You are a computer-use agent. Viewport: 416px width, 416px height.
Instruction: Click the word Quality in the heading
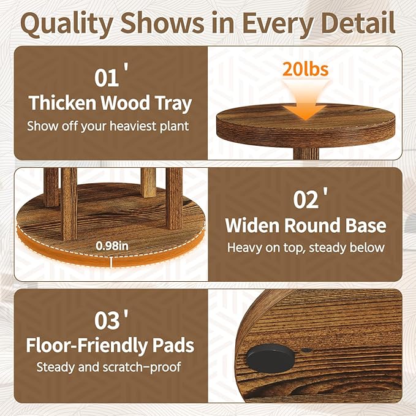(67, 24)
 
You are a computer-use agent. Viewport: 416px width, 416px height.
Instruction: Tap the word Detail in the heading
(358, 23)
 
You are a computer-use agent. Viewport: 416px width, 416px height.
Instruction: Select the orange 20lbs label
(305, 69)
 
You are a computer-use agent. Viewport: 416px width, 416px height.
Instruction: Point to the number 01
(107, 78)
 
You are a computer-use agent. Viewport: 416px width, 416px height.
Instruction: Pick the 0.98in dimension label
(112, 246)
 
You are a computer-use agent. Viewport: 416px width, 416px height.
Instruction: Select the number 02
(306, 200)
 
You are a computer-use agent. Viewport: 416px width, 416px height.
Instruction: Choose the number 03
(107, 321)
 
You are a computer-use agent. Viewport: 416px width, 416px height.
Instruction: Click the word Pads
(173, 345)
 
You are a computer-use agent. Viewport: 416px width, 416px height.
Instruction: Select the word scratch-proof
(142, 368)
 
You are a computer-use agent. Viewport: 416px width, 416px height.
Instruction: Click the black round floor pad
(270, 358)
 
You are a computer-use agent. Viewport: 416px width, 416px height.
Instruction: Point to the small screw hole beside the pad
(306, 350)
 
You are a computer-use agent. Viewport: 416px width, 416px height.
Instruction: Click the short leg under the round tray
(306, 153)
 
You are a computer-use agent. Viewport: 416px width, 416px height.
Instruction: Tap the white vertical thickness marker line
(112, 262)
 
